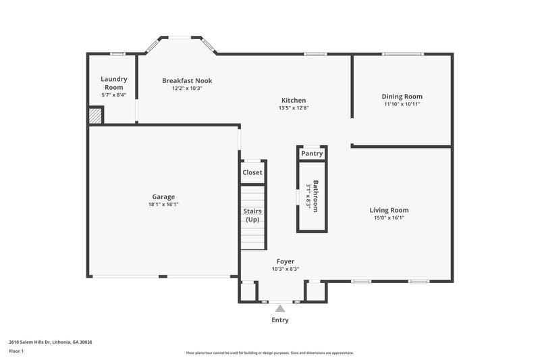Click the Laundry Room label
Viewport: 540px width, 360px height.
113,83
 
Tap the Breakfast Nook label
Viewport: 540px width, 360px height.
187,80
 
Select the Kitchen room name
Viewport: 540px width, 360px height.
294,100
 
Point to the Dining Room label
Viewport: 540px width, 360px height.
402,97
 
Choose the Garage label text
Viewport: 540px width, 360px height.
163,197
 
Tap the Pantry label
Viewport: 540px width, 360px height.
312,153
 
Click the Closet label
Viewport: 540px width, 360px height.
252,172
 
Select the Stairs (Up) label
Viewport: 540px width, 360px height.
252,215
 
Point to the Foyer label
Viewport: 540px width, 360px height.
285,261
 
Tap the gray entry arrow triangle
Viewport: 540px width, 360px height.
279,308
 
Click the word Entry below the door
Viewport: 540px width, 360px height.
280,319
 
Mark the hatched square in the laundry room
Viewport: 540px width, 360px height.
95,115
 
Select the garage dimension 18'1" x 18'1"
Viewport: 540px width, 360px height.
163,204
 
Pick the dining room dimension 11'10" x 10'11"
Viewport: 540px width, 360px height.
403,104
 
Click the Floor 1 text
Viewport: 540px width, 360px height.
17,351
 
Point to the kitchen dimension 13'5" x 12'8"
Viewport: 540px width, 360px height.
294,107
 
